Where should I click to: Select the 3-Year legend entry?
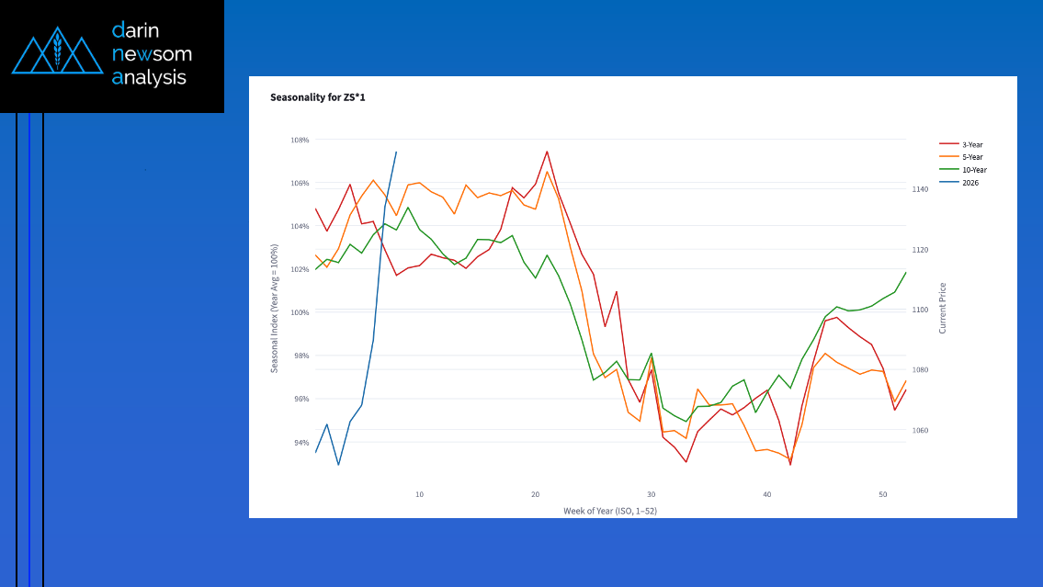[972, 144]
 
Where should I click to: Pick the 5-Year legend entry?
[972, 157]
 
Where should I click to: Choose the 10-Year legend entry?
[973, 170]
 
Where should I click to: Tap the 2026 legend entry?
[970, 183]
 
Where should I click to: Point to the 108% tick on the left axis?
[300, 141]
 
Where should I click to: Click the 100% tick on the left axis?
[300, 312]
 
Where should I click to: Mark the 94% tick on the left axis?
[300, 443]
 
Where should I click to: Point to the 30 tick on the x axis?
[651, 494]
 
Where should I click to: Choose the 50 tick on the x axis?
[882, 494]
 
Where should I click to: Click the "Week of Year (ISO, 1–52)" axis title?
[610, 510]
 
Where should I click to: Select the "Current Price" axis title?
[942, 308]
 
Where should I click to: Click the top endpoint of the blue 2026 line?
[396, 152]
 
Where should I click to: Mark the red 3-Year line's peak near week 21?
[547, 152]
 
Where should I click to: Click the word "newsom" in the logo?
[152, 53]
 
